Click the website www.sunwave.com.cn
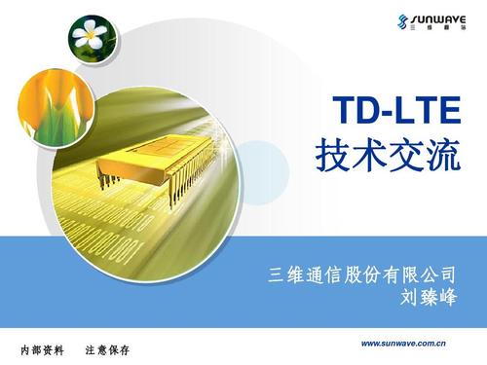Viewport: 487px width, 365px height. click(403, 343)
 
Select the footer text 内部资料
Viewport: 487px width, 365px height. click(42, 349)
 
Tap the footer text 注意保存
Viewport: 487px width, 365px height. click(107, 349)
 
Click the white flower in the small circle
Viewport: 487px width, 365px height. click(91, 38)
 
